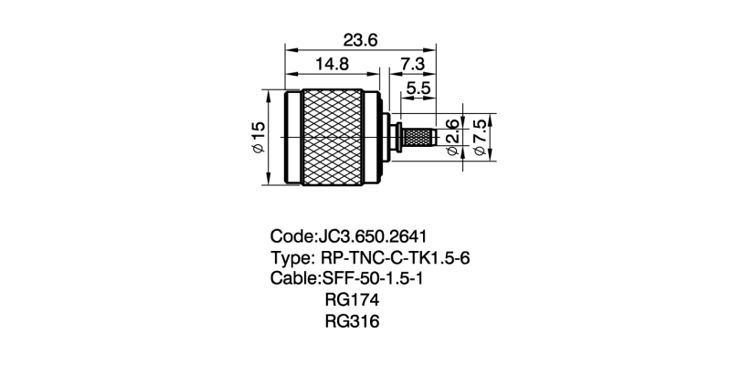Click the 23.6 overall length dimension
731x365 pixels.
(x=360, y=40)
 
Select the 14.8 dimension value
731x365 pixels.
(x=332, y=64)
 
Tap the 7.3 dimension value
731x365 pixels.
(x=412, y=64)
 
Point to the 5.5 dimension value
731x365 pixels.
(x=418, y=89)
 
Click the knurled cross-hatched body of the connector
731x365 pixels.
(x=332, y=137)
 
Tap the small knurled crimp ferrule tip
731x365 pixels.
(x=418, y=137)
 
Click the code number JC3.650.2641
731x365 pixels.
(x=372, y=236)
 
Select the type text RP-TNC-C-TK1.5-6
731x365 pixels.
(x=396, y=257)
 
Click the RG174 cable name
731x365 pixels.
(x=352, y=300)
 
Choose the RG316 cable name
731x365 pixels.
(x=352, y=321)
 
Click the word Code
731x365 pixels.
(x=291, y=236)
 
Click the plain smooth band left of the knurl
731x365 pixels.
(x=292, y=137)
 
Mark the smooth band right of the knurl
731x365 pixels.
(x=372, y=137)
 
